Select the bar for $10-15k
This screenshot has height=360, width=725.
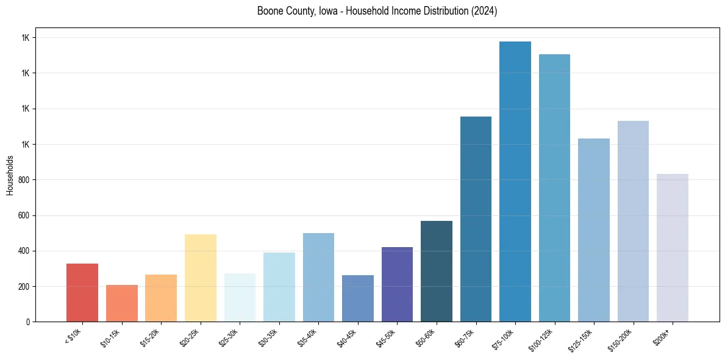(x=121, y=303)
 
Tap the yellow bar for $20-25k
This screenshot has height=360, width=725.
(x=200, y=278)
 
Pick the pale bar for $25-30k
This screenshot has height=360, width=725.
(x=240, y=298)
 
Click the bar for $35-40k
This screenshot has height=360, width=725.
(x=318, y=278)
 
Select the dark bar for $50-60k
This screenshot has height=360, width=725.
(x=437, y=272)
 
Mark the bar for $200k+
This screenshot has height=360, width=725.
(x=673, y=248)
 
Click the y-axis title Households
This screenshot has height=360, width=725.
(x=10, y=175)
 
